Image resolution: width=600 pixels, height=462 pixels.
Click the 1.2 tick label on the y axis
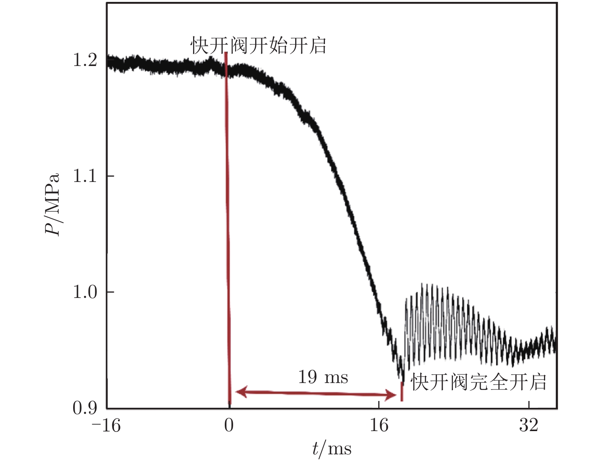click(85, 60)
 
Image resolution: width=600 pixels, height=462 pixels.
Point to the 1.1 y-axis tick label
click(85, 176)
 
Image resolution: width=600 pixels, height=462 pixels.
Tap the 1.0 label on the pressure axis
click(85, 292)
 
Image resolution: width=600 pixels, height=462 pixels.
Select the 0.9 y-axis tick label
click(85, 408)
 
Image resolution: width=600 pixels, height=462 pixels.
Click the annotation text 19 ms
click(323, 377)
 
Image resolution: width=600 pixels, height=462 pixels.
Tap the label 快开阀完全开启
click(478, 382)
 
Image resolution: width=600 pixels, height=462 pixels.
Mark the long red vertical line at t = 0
click(228, 229)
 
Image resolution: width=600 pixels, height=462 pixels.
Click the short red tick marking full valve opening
click(402, 391)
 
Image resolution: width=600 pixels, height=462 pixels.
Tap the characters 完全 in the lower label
click(488, 382)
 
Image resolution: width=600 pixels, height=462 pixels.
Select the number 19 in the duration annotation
click(308, 377)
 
